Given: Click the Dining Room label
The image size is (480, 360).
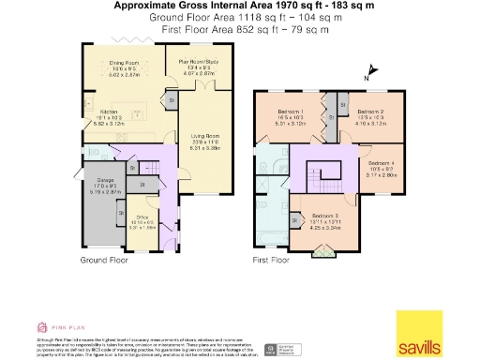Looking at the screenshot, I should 125,63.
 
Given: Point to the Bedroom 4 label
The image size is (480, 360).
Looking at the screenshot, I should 382,162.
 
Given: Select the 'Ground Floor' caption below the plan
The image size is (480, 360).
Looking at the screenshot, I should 106,258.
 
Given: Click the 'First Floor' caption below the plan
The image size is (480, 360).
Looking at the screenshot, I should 276,258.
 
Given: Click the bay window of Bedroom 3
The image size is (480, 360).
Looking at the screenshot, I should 322,251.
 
